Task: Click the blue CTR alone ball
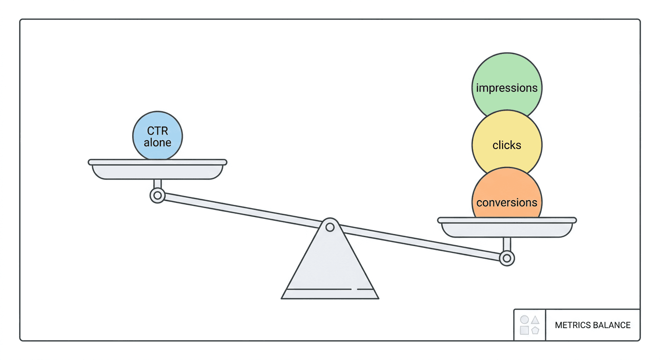[157, 136]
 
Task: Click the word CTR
[157, 130]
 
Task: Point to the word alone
[157, 142]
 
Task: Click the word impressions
[507, 88]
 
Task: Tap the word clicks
[507, 145]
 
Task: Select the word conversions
[507, 202]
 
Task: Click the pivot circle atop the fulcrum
[330, 227]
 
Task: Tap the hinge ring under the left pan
[157, 195]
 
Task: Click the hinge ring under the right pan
[507, 258]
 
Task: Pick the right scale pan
[507, 227]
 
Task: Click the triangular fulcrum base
[330, 265]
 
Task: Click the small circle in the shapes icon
[525, 320]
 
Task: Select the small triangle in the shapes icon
[535, 320]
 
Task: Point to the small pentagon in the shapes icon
[535, 330]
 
